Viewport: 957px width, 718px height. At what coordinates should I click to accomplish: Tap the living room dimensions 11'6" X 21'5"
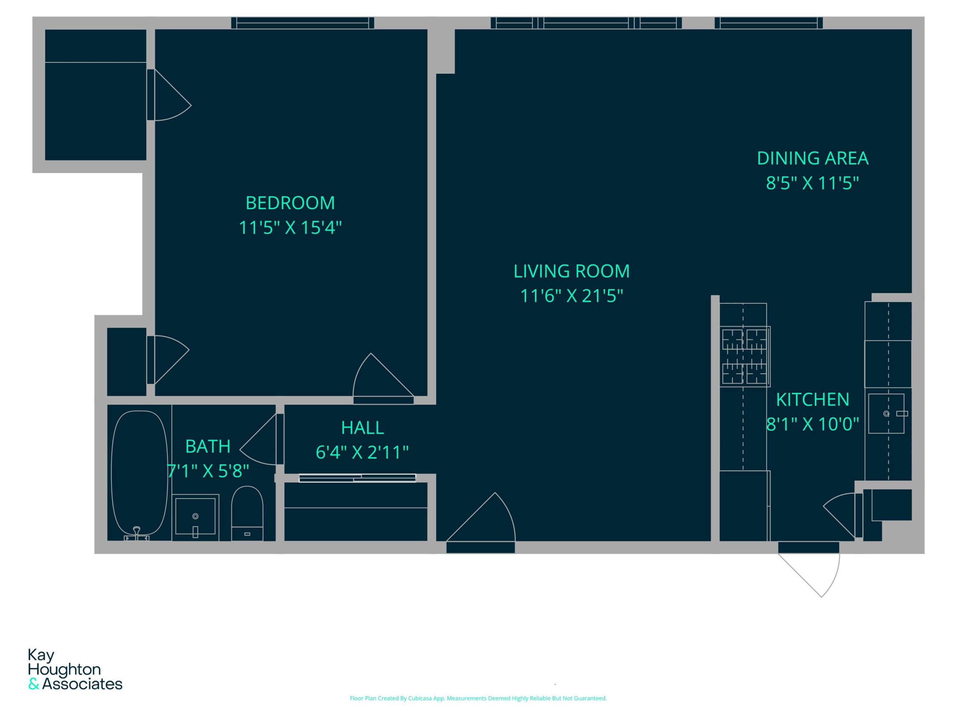pos(571,296)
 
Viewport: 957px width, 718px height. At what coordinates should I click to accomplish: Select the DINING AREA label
pos(812,159)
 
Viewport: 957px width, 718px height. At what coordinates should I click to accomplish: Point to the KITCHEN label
pos(812,399)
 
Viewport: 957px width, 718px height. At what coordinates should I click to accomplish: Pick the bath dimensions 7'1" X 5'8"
pos(208,471)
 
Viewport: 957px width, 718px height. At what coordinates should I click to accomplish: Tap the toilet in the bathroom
pos(247,513)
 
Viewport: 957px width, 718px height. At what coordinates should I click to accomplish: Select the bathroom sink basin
pos(195,516)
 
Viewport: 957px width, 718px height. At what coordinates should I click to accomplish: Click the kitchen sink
pos(886,413)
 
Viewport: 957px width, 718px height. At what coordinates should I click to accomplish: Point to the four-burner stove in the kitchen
pos(745,356)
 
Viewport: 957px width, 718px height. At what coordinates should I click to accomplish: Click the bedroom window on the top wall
pos(302,23)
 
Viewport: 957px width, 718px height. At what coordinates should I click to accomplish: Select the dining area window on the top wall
pos(768,23)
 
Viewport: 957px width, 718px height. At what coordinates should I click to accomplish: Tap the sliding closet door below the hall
pos(357,478)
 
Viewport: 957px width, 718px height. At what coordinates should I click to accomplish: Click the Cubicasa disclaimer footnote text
pos(478,698)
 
